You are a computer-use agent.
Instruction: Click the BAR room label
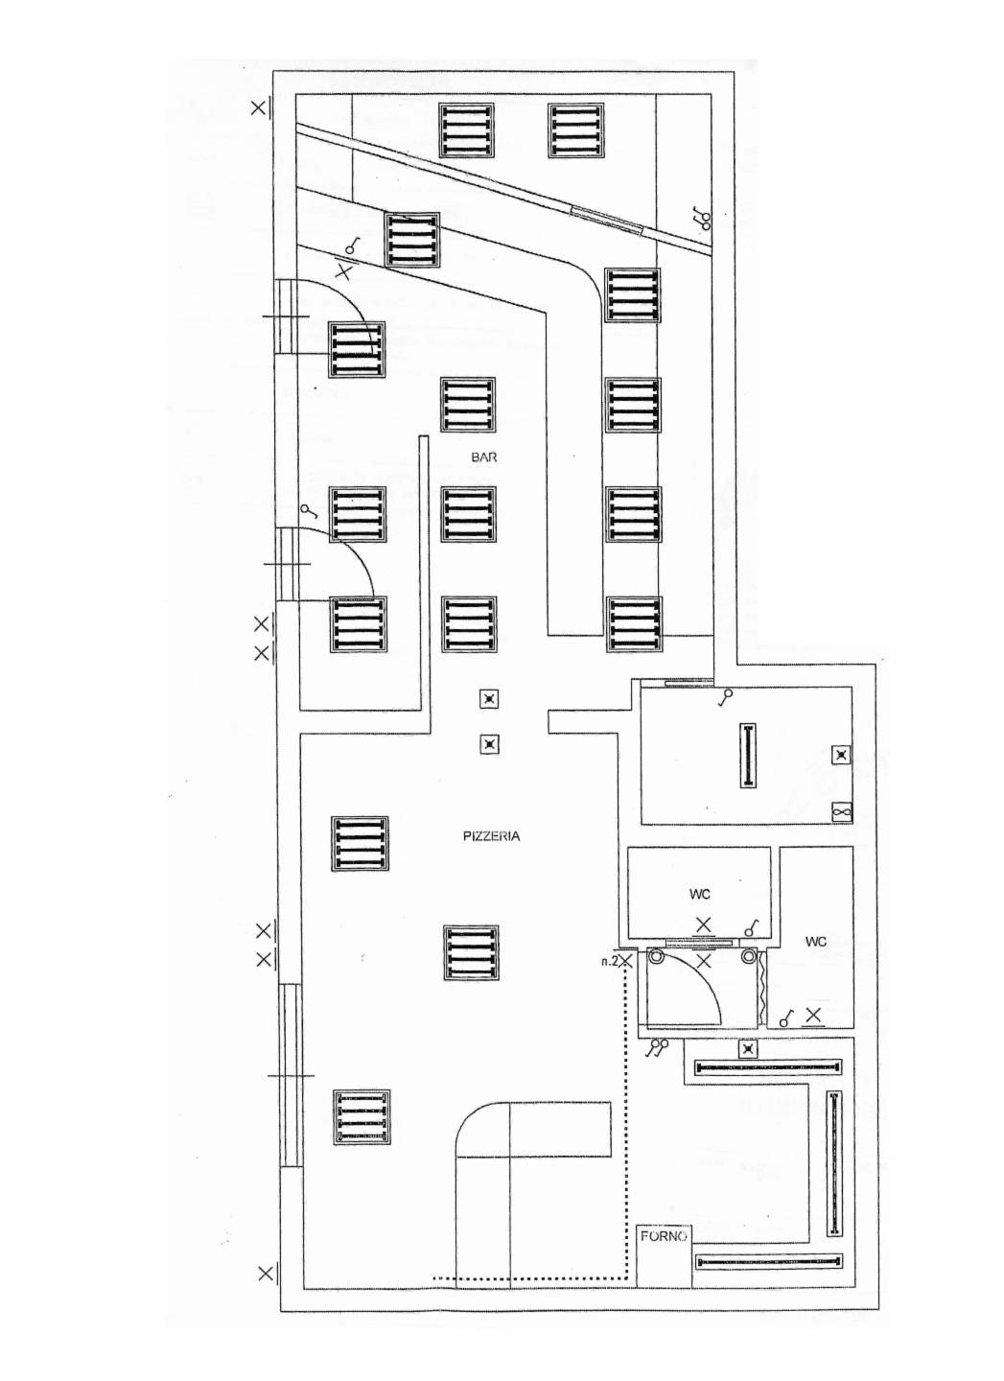[484, 457]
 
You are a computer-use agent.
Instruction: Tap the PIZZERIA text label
[491, 836]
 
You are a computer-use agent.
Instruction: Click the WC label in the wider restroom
[700, 895]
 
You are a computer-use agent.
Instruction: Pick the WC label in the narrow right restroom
[816, 942]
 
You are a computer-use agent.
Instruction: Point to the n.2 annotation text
[608, 961]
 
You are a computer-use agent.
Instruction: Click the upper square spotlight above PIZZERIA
[489, 699]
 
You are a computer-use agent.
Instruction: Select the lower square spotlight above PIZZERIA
[489, 745]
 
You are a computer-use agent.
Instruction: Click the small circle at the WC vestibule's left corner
[656, 957]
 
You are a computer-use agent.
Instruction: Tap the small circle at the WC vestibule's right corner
[748, 957]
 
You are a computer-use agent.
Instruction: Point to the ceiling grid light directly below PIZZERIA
[472, 952]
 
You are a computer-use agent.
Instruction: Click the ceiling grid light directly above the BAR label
[468, 405]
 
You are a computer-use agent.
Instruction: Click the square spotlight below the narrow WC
[748, 1049]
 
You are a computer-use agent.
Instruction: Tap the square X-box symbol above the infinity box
[841, 756]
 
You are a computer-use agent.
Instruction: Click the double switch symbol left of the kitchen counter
[658, 1048]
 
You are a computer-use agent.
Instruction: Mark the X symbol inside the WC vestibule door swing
[703, 961]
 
